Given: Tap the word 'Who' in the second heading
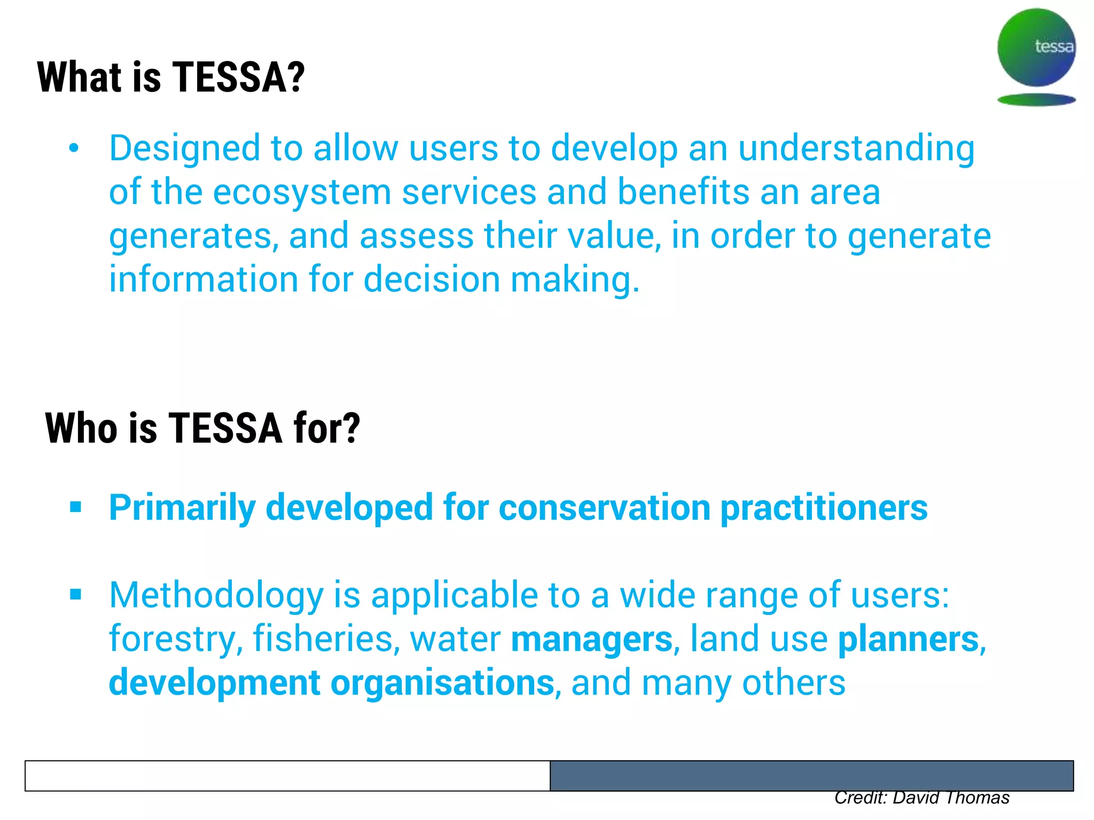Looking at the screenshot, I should click(81, 429).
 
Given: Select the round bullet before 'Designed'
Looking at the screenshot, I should click(74, 148).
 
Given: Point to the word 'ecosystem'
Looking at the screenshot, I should click(302, 192).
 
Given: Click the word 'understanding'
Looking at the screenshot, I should click(856, 148).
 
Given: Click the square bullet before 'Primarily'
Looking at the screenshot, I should click(75, 507).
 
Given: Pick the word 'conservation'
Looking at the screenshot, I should click(604, 507).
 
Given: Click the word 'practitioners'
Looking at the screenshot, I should click(824, 507).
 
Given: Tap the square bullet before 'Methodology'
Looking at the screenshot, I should click(75, 594).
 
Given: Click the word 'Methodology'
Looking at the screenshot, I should click(216, 595).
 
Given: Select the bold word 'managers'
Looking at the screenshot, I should click(591, 639).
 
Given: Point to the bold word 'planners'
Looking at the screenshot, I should click(908, 639).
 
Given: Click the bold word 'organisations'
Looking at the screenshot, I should click(442, 683).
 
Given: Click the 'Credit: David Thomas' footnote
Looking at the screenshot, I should click(921, 798).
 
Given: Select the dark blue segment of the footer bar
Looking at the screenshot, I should click(811, 776).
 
